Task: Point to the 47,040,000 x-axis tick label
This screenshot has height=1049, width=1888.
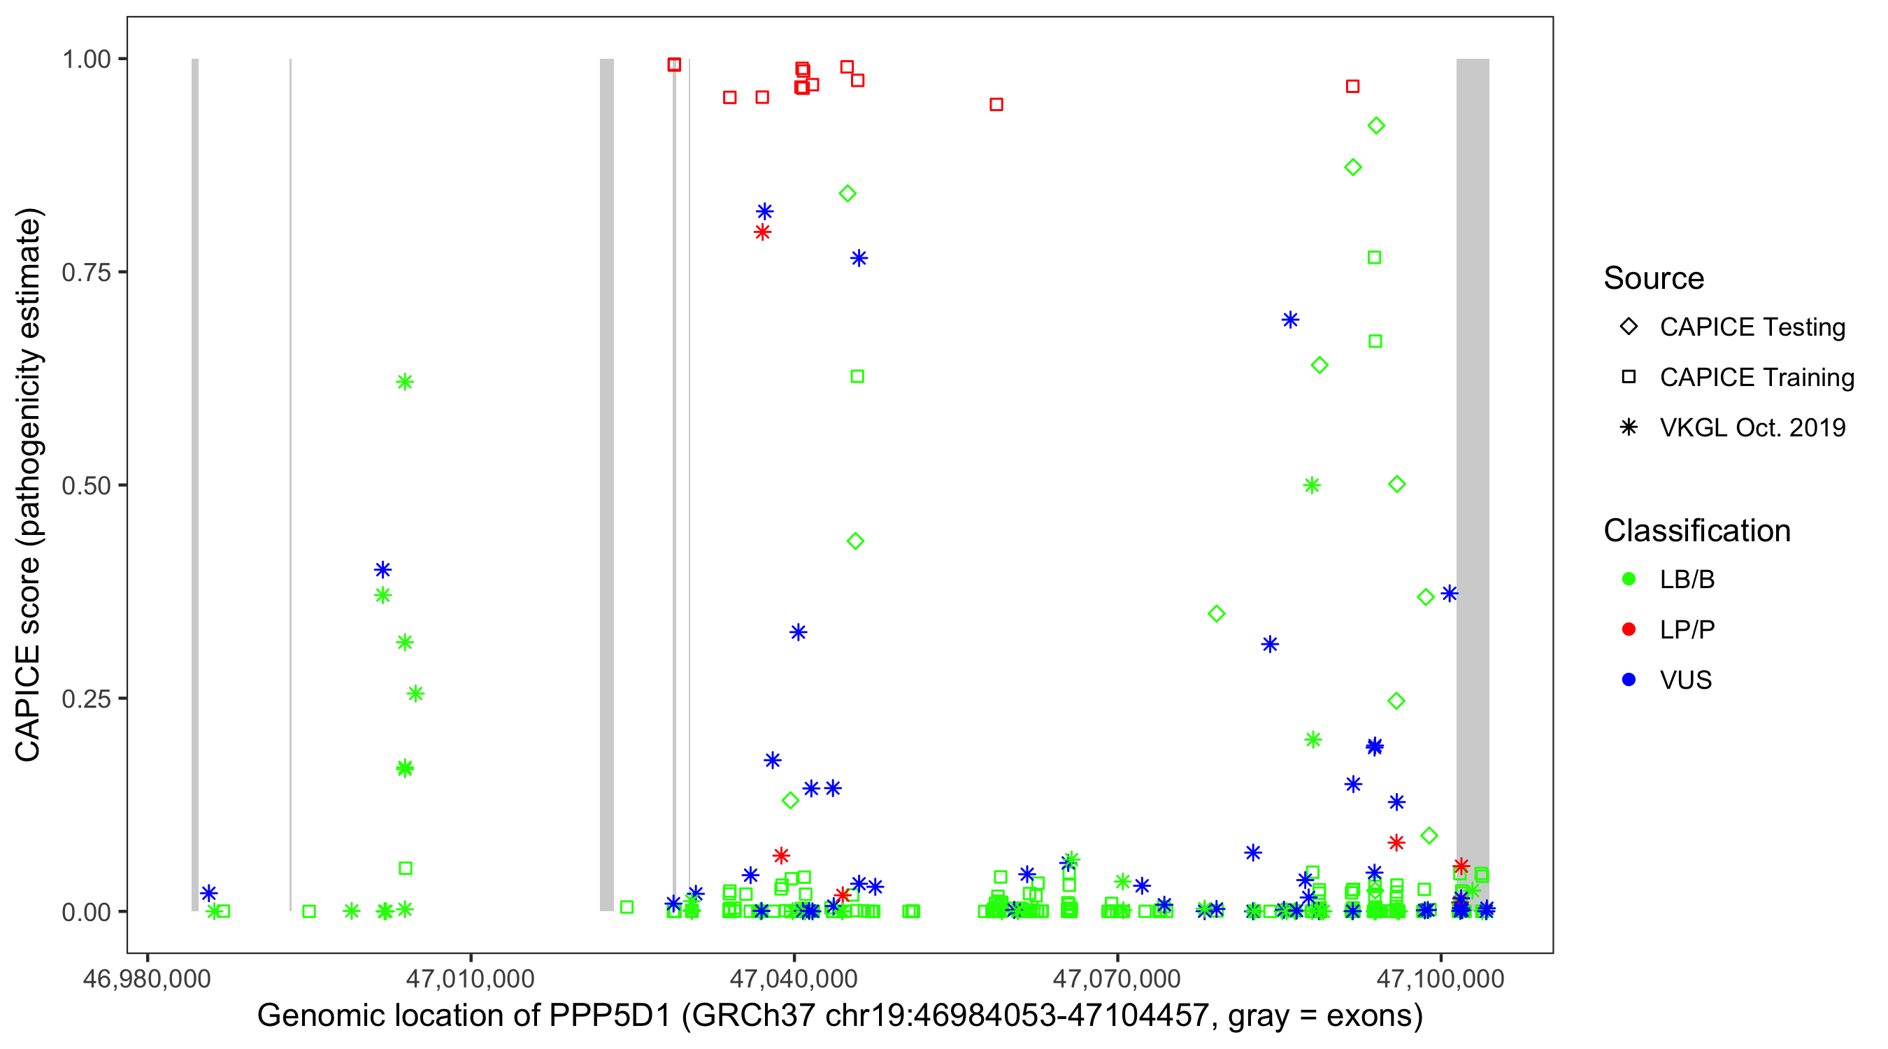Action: click(x=794, y=978)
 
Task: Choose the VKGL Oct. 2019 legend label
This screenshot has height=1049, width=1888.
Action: click(x=1752, y=427)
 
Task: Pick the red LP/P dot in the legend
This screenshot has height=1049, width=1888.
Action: click(x=1629, y=629)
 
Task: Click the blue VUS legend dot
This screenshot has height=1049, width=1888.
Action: click(x=1629, y=680)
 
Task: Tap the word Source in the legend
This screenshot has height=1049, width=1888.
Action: click(x=1654, y=278)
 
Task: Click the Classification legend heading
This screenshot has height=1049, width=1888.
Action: click(x=1696, y=531)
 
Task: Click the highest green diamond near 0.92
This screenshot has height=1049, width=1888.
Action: click(x=1375, y=126)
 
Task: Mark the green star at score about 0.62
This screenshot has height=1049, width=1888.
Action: click(x=405, y=382)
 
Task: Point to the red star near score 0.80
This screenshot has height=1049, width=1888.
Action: click(x=762, y=232)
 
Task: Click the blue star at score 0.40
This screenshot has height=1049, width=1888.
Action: click(x=382, y=569)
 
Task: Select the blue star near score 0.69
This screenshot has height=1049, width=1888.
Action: click(x=1290, y=320)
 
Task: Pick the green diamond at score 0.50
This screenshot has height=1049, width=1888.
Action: click(x=1396, y=485)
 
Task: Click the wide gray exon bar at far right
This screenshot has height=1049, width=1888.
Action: click(x=1472, y=484)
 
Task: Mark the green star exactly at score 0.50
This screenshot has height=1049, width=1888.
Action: click(x=1312, y=485)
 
